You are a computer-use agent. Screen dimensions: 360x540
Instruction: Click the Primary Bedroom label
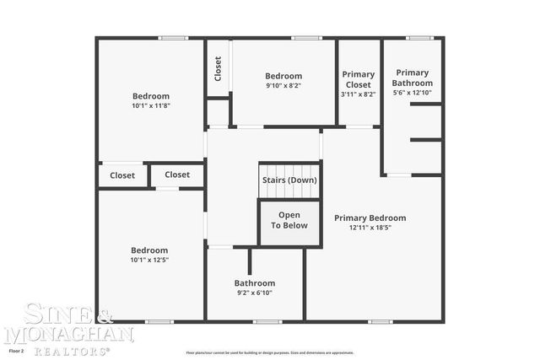point(370,218)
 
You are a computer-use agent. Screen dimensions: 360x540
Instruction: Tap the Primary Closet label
point(359,79)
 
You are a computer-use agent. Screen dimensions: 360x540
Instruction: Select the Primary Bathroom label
point(413,78)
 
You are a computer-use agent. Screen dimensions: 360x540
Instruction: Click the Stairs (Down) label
point(289,180)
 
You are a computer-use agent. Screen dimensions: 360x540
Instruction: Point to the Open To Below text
point(289,220)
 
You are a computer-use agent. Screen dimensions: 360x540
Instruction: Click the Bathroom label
point(255,283)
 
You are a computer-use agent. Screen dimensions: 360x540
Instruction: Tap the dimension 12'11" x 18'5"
point(370,228)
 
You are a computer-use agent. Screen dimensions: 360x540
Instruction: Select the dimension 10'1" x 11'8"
point(151,106)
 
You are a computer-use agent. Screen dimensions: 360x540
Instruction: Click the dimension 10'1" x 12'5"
point(149,260)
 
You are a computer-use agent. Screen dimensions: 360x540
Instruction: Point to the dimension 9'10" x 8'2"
point(283,85)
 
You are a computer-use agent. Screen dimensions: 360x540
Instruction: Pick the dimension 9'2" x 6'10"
point(255,293)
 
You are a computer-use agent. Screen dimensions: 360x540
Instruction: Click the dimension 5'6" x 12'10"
point(413,93)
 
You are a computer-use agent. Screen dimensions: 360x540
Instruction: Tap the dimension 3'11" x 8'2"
point(359,94)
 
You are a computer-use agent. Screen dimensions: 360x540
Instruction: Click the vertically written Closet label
point(218,68)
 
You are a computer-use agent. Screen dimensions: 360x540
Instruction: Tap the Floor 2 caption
point(17,350)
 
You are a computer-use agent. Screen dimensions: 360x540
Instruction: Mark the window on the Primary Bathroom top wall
point(419,38)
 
